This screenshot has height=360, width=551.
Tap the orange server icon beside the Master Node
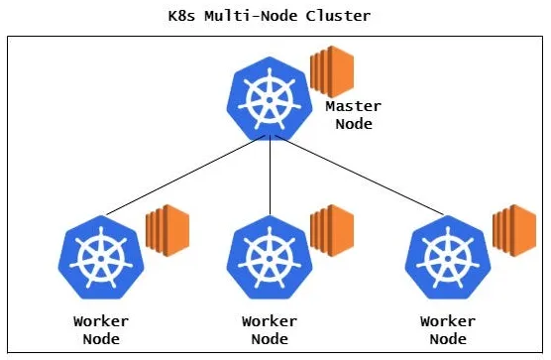331,70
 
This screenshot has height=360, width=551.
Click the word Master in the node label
353,106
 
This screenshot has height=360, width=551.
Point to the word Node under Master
353,124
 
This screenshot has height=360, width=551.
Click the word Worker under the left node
101,321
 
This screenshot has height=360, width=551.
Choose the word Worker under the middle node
270,321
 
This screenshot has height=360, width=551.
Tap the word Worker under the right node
448,321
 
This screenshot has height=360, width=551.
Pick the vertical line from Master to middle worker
271,179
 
